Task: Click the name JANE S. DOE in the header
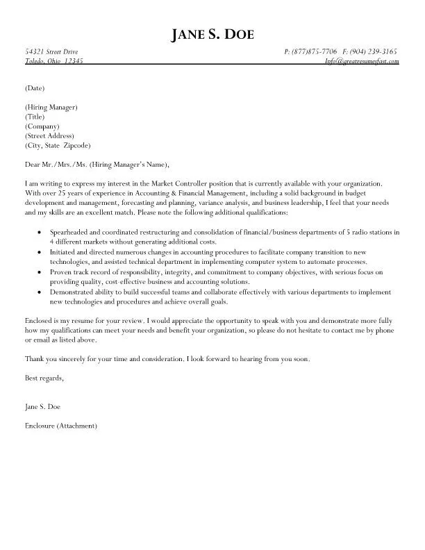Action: [x=212, y=35]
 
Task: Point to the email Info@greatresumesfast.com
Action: [x=362, y=61]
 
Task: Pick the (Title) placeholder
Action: [x=35, y=117]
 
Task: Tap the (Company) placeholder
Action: [x=41, y=126]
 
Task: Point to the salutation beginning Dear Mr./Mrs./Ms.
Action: [x=97, y=165]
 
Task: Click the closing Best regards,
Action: [x=44, y=378]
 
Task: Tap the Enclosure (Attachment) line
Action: [x=60, y=425]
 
